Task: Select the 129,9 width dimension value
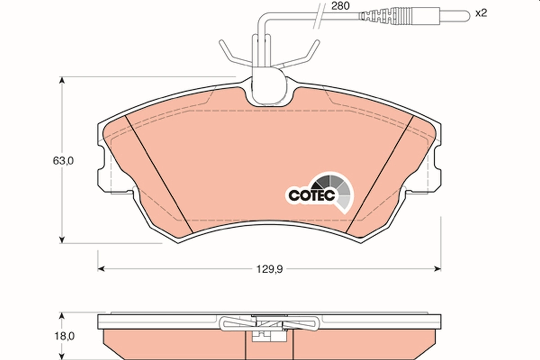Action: pos(268,269)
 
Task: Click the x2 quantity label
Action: pos(481,13)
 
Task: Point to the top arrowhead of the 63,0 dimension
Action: pos(62,81)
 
